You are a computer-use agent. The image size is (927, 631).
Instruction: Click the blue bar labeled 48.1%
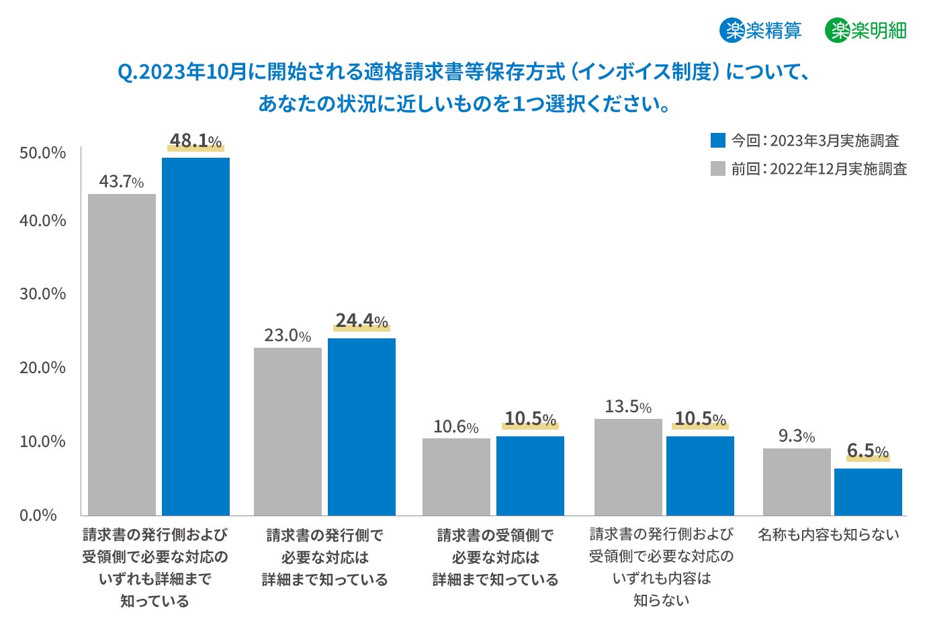pyautogui.click(x=195, y=336)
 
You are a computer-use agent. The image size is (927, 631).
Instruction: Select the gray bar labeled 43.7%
pyautogui.click(x=122, y=354)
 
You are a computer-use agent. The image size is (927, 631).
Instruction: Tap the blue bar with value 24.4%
pyautogui.click(x=361, y=426)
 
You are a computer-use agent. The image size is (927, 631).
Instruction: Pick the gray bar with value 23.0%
pyautogui.click(x=288, y=431)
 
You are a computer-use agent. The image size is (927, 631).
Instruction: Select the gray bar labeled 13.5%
pyautogui.click(x=628, y=467)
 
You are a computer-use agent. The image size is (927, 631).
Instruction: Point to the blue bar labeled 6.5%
pyautogui.click(x=868, y=491)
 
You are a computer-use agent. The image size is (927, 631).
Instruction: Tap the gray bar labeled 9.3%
pyautogui.click(x=797, y=481)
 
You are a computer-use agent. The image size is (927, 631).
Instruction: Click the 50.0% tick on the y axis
pyautogui.click(x=43, y=153)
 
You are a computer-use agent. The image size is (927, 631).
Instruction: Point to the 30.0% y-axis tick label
pyautogui.click(x=43, y=294)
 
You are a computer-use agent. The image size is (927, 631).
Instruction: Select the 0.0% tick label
pyautogui.click(x=38, y=516)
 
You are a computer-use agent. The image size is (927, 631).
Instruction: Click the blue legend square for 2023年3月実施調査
pyautogui.click(x=718, y=140)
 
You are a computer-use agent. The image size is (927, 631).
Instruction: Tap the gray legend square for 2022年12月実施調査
pyautogui.click(x=718, y=168)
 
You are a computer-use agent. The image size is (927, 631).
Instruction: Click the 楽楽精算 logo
pyautogui.click(x=761, y=30)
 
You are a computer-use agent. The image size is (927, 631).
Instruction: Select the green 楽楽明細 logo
pyautogui.click(x=866, y=30)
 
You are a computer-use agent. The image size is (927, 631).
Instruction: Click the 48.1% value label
pyautogui.click(x=195, y=141)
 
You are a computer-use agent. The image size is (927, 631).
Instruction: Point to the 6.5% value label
pyautogui.click(x=868, y=451)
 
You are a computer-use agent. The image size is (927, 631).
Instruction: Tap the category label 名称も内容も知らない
pyautogui.click(x=828, y=535)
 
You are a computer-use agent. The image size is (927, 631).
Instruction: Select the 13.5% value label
pyautogui.click(x=628, y=407)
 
